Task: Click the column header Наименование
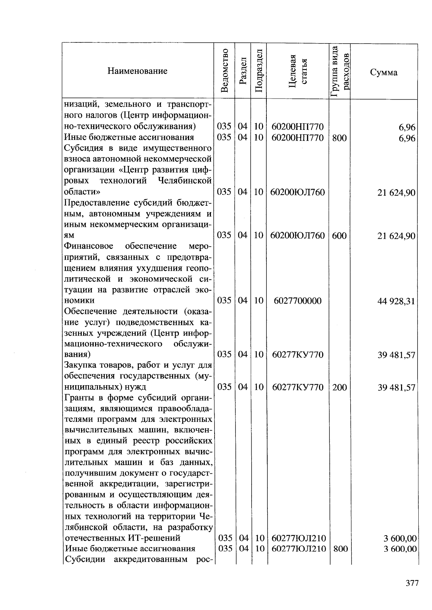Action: pos(137,71)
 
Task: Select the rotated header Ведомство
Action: pos(224,71)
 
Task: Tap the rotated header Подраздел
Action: pos(258,71)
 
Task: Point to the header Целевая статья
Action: pos(298,71)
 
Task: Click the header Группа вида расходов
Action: pos(339,71)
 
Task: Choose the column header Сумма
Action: pos(383,72)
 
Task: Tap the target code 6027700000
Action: pos(297,301)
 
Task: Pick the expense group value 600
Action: pos(339,236)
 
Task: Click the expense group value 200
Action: pos(339,387)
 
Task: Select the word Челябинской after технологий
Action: pos(185,181)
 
